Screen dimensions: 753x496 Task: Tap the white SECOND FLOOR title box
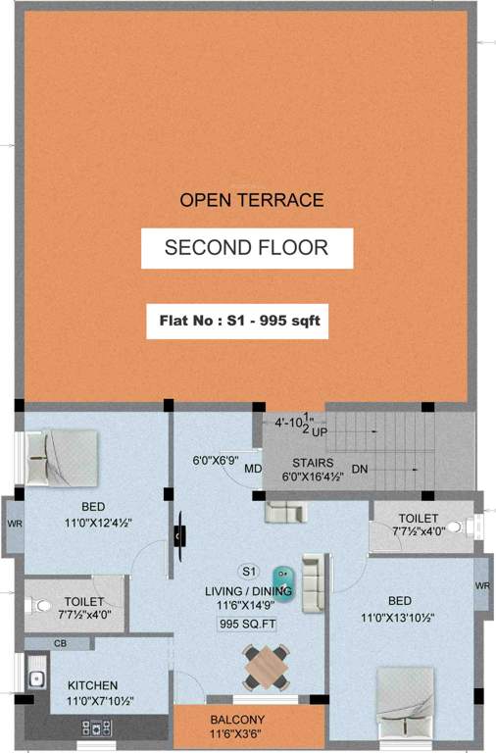[x=246, y=248]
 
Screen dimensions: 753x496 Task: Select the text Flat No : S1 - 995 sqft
[x=237, y=321]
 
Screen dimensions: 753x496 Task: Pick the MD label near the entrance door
[x=252, y=469]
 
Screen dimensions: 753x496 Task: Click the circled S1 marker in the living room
[x=248, y=572]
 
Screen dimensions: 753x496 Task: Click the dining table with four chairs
[x=266, y=666]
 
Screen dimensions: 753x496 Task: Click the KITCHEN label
[x=92, y=684]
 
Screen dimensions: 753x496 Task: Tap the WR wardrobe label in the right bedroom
[x=481, y=585]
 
